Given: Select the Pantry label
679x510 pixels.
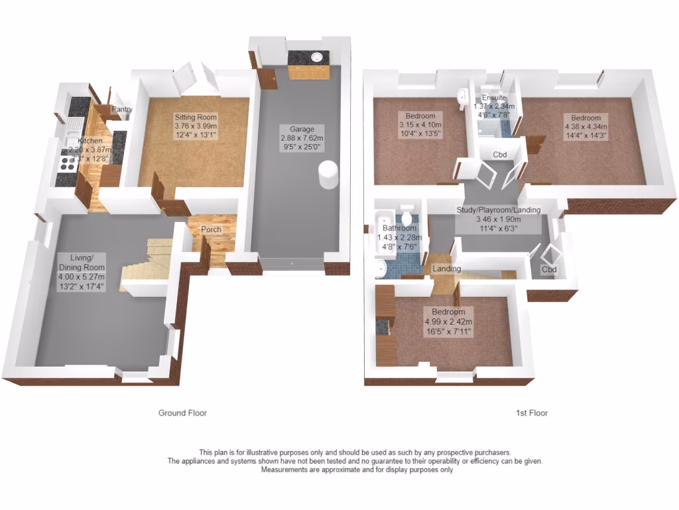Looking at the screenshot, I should pos(122,110).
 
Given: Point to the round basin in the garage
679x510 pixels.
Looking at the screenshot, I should pos(317,56).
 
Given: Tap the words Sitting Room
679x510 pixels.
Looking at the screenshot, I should pos(196,117).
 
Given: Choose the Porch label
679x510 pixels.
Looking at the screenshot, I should pos(212,230).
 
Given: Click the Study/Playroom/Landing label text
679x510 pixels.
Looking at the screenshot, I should pos(498,210).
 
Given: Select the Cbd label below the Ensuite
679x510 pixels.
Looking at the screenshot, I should pos(500,155).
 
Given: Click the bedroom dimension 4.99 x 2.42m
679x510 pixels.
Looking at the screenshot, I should pos(449,322).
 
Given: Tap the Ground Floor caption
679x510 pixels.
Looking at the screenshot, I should pos(182,413).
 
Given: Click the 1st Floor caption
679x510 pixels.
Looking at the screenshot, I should pos(532,413).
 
